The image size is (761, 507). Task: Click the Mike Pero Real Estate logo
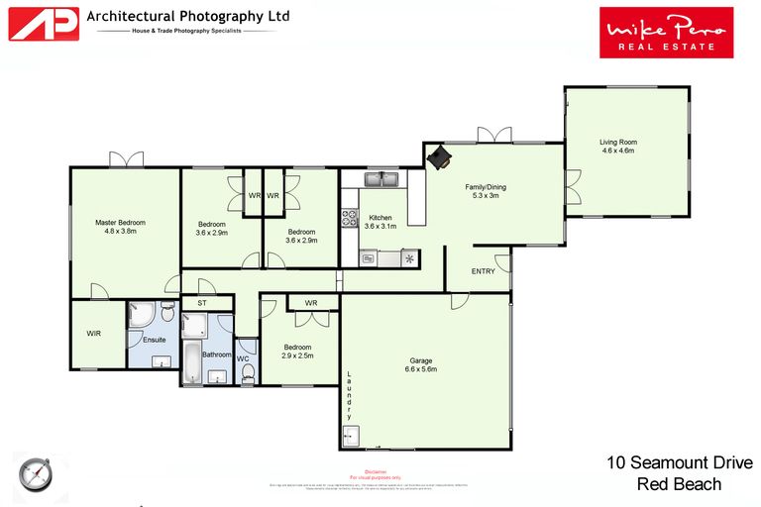pyautogui.click(x=666, y=32)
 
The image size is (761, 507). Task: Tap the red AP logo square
pyautogui.click(x=44, y=24)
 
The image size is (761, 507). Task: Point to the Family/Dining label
pyautogui.click(x=486, y=190)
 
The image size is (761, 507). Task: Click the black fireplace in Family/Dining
pyautogui.click(x=438, y=157)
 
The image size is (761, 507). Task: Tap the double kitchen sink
pyautogui.click(x=380, y=179)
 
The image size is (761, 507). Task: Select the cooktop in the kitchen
pyautogui.click(x=350, y=218)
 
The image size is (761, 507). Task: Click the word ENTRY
pyautogui.click(x=483, y=270)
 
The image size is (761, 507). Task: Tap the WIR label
pyautogui.click(x=94, y=334)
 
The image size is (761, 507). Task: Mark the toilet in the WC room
pyautogui.click(x=247, y=370)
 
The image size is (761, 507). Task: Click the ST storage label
pyautogui.click(x=201, y=303)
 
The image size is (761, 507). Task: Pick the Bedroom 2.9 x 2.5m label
pyautogui.click(x=297, y=352)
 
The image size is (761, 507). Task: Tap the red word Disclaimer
pyautogui.click(x=376, y=471)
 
